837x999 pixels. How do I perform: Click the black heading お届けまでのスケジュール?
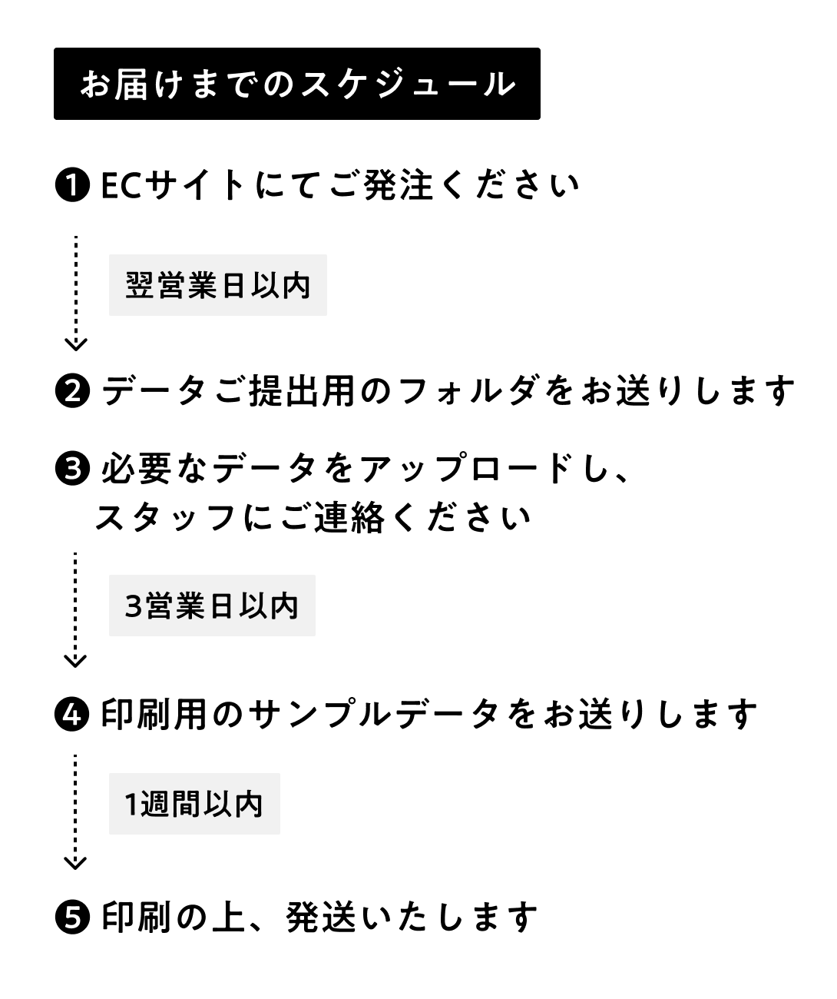pyautogui.click(x=296, y=84)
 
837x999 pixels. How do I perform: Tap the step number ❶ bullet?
pyautogui.click(x=74, y=186)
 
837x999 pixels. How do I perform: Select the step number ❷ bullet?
pyautogui.click(x=74, y=391)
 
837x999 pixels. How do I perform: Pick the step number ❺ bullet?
pyautogui.click(x=74, y=917)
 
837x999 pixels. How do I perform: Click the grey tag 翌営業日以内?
pyautogui.click(x=218, y=285)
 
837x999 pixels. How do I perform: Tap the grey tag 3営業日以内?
pyautogui.click(x=212, y=606)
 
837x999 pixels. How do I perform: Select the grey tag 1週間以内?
pyautogui.click(x=194, y=804)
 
